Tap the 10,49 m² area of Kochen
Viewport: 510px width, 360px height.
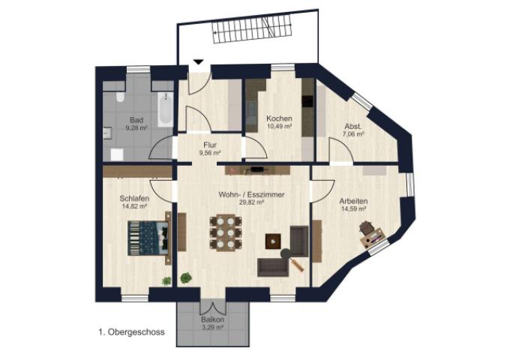click(x=279, y=127)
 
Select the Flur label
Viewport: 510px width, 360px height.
click(x=210, y=145)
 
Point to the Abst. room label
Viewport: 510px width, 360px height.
click(x=353, y=127)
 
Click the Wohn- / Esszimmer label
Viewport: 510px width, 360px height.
click(x=251, y=195)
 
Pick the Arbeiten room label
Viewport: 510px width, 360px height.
click(x=354, y=201)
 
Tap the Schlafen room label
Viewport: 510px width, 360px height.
click(x=135, y=198)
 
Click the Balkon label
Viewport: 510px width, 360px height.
click(x=212, y=319)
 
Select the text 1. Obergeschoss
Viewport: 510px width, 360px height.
click(x=131, y=332)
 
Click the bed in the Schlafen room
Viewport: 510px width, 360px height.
click(x=149, y=238)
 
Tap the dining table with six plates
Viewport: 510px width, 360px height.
click(x=226, y=232)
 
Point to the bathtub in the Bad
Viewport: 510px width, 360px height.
click(x=166, y=109)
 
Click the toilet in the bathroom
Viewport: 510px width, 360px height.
click(x=120, y=96)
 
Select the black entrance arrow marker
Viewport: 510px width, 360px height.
click(x=199, y=62)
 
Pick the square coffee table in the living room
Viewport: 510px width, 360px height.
click(x=273, y=241)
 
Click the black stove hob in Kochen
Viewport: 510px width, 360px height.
click(x=307, y=101)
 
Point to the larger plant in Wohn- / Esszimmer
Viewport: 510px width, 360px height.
click(x=186, y=278)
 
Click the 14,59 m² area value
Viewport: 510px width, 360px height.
click(x=353, y=209)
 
